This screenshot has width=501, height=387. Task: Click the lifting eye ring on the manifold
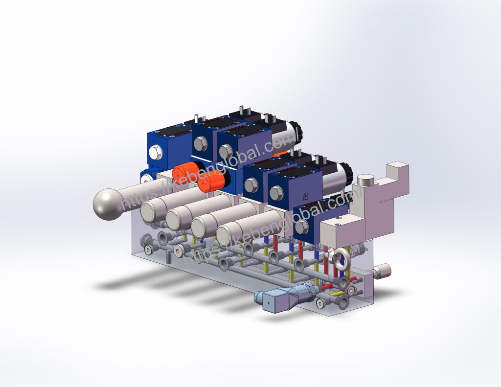341,259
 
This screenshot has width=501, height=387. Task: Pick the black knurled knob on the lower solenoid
345,173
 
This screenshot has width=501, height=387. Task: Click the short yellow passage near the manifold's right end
338,295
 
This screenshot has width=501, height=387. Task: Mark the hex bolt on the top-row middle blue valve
200,144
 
